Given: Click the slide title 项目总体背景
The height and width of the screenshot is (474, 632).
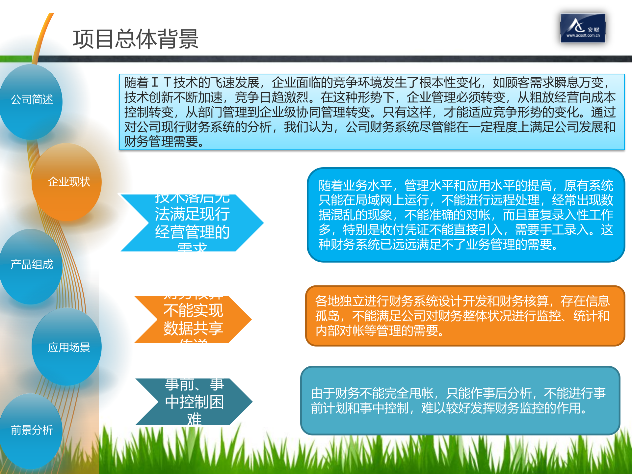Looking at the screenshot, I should pos(136,39).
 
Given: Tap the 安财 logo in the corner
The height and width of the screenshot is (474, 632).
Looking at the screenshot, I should pos(583,28).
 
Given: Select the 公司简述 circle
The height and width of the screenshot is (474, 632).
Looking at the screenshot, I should pos(32,99).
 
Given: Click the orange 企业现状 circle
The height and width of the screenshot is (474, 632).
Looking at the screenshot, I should pos(68,182).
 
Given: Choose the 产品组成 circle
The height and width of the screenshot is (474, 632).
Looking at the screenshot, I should pos(32,265).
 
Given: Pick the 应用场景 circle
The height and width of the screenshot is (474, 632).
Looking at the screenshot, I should pos(68,347).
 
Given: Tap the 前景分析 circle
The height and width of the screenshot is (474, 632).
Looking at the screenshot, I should pos(32,430).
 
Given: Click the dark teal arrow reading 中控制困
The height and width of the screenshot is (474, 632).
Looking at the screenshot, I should pos(194,402).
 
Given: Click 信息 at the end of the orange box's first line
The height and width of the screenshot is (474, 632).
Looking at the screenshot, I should pos(597,301).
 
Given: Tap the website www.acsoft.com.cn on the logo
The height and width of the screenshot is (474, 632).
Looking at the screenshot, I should pos(583,36).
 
